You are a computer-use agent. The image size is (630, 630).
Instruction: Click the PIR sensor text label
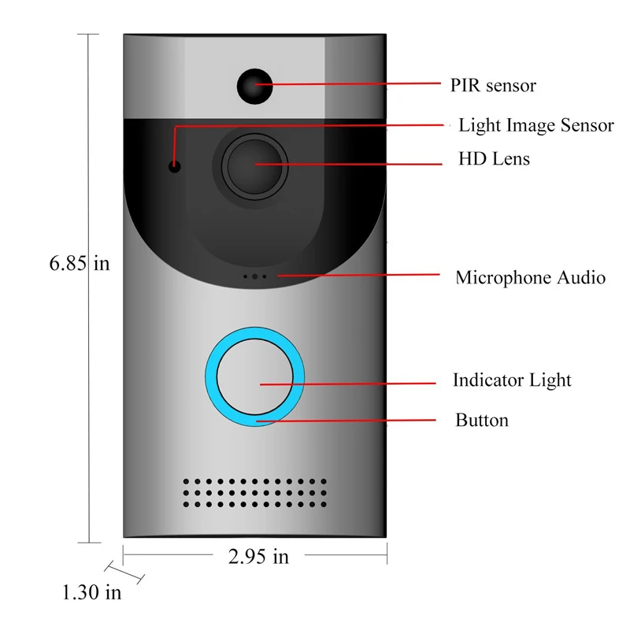coord(493,85)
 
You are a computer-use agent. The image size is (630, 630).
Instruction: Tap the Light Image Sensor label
coord(536,125)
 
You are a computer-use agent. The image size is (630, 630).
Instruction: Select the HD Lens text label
coord(494,159)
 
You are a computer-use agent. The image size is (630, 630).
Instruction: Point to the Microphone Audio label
coord(530,278)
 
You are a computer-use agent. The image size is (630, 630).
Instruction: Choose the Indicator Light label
coord(512,380)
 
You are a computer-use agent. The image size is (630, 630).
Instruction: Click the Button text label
coord(482,421)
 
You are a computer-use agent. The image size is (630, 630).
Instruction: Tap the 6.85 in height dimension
coord(80,264)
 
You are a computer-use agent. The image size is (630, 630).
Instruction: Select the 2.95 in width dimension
coord(258,557)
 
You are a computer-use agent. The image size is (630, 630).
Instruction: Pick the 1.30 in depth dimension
coord(91,593)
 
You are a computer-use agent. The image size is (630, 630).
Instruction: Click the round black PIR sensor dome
coord(254,87)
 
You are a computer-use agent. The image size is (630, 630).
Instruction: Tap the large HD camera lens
coord(254,166)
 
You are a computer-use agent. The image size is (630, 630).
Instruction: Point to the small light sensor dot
coord(174,166)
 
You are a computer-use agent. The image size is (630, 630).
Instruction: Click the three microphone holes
coord(254,276)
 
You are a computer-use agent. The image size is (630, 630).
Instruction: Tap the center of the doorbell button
coord(254,376)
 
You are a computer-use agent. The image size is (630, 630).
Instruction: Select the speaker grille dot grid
coord(254,493)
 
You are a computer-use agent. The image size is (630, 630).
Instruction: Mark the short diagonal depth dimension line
coord(124,573)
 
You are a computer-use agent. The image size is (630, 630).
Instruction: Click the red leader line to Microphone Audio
coord(359,275)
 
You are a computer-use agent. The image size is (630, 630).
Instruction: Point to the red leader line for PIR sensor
coord(348,84)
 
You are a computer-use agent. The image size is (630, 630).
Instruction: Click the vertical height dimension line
coord(89,288)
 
